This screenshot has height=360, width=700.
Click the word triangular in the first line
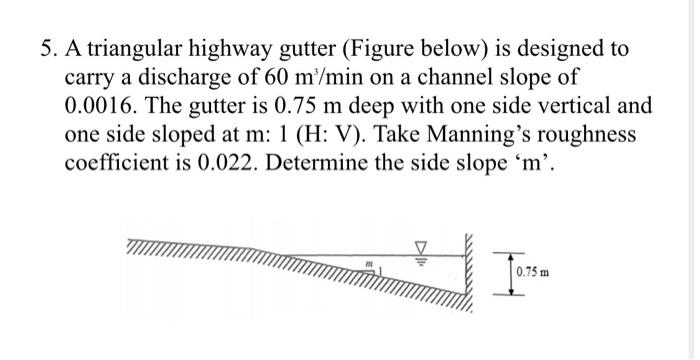click(135, 50)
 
